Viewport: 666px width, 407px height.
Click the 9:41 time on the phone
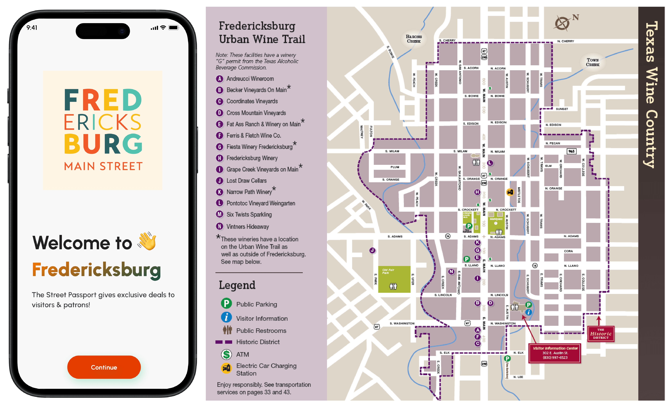click(x=32, y=28)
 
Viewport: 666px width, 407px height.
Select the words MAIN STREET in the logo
click(x=103, y=166)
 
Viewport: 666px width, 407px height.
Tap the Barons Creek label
click(x=414, y=39)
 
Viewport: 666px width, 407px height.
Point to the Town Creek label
click(x=592, y=62)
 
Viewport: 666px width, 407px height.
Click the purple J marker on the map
click(x=372, y=250)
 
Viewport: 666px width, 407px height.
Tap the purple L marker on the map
click(x=490, y=163)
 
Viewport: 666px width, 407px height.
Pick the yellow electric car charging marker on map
click(x=510, y=192)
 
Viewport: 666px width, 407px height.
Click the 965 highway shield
click(x=571, y=151)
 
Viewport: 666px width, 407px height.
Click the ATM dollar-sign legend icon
click(x=226, y=354)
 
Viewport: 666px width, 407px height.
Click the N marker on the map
click(x=451, y=271)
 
